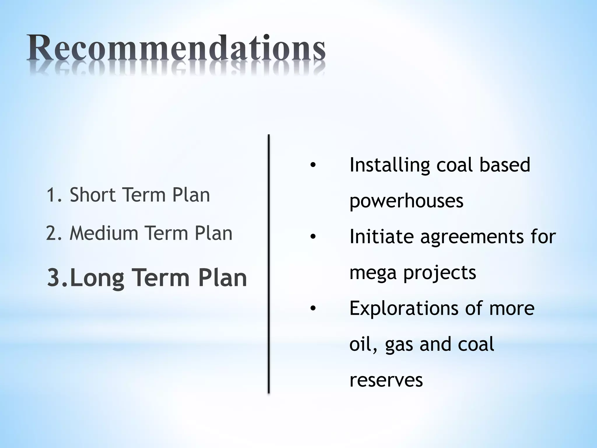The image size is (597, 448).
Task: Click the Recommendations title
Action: (x=176, y=48)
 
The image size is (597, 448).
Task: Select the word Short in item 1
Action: (x=92, y=195)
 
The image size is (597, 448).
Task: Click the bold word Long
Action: (x=97, y=278)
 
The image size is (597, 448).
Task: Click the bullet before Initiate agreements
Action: (x=313, y=237)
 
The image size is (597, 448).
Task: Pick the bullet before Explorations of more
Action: (x=313, y=309)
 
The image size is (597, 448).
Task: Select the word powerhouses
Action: (x=406, y=201)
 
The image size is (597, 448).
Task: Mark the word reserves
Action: (x=386, y=380)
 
